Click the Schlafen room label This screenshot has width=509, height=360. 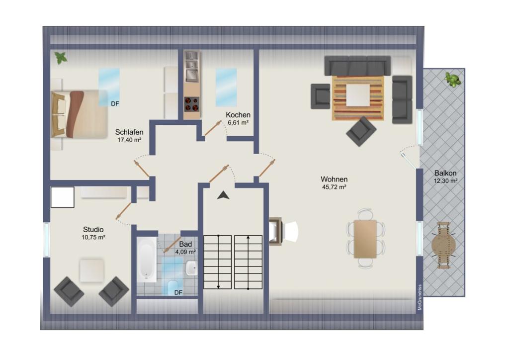[129, 132]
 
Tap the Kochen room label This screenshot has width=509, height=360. [238, 115]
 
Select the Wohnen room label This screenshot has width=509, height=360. [334, 179]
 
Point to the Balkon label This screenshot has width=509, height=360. [445, 173]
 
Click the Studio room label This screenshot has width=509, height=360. [93, 230]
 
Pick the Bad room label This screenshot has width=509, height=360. [185, 244]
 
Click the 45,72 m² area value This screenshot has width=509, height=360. [334, 187]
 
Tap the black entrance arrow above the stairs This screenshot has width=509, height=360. [223, 195]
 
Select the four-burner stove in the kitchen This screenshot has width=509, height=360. [191, 104]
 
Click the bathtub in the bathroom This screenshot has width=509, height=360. [147, 260]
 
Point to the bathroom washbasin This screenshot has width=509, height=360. [191, 269]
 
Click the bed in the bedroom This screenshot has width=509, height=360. [79, 114]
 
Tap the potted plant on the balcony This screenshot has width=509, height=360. [453, 80]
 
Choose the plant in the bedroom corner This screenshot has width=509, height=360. [61, 58]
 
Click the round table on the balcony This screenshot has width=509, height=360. [443, 245]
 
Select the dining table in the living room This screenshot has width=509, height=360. [365, 239]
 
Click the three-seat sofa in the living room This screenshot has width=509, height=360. [357, 66]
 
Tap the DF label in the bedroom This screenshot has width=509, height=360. [115, 104]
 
